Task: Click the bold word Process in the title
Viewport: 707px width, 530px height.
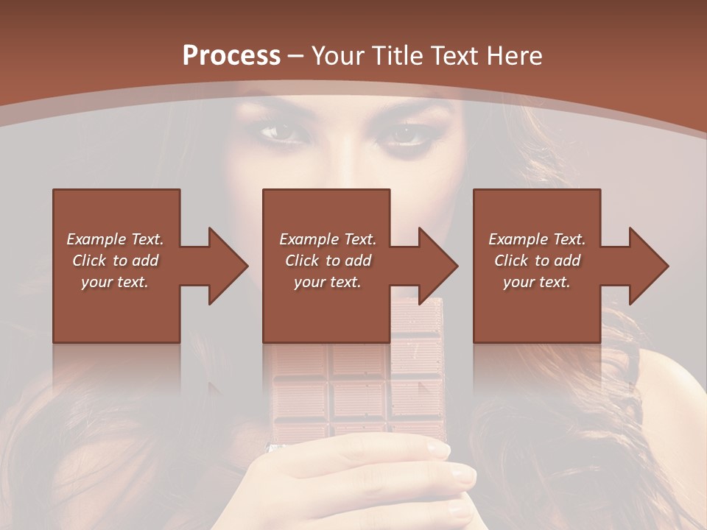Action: click(x=231, y=55)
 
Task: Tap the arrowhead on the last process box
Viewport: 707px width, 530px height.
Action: click(x=647, y=266)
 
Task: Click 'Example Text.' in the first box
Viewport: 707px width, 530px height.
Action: click(x=115, y=239)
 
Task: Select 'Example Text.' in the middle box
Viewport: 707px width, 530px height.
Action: click(x=328, y=239)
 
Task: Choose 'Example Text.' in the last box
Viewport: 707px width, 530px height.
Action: click(x=537, y=239)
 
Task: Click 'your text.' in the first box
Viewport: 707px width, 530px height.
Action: click(x=115, y=282)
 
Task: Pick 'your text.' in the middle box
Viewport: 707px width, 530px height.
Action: click(x=328, y=282)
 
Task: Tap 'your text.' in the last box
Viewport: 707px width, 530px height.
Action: click(x=537, y=282)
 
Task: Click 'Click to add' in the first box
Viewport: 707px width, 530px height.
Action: click(x=115, y=261)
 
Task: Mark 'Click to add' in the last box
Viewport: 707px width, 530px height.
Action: click(x=537, y=261)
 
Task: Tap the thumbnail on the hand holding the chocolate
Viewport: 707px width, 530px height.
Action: click(x=463, y=475)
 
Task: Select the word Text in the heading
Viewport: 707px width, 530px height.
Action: click(x=452, y=55)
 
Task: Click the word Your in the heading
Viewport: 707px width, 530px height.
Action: click(x=338, y=55)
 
